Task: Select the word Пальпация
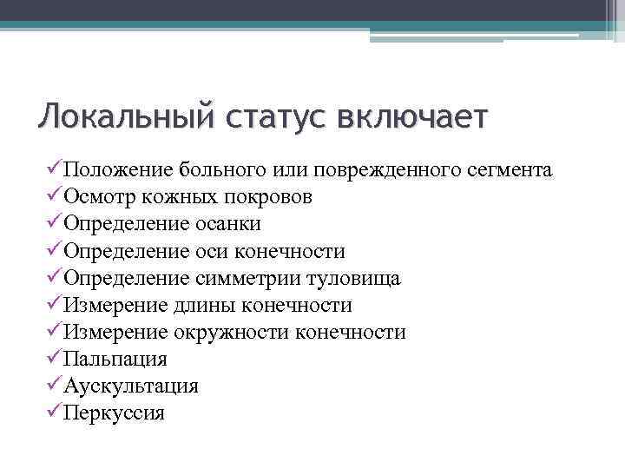coord(115,359)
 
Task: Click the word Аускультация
coord(131,386)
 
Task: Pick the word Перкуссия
coord(114,413)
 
